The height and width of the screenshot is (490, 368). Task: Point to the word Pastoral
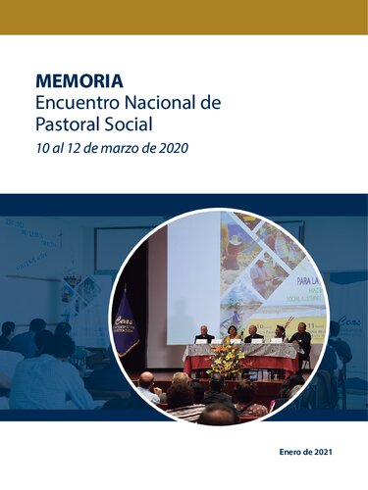(x=68, y=125)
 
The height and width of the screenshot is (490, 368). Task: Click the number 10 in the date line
(x=42, y=149)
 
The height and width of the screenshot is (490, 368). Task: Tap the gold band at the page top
(x=184, y=17)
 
